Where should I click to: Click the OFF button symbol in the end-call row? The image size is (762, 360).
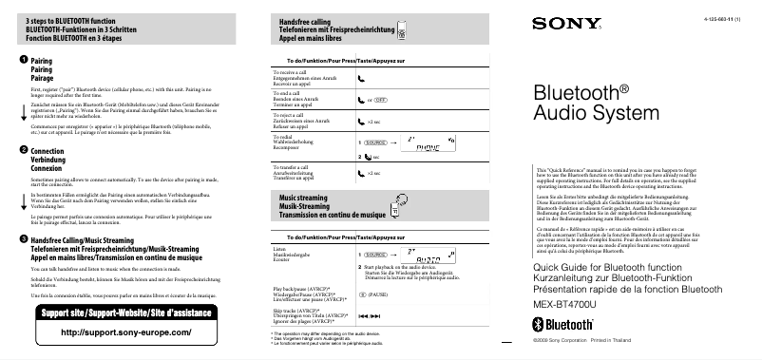(379, 99)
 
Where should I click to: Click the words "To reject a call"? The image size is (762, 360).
(288, 114)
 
